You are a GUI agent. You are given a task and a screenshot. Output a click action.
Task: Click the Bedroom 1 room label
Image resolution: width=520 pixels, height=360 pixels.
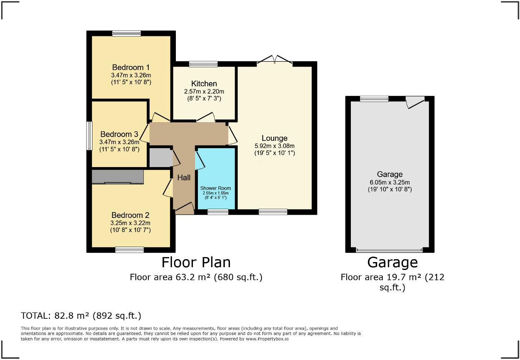pyautogui.click(x=131, y=67)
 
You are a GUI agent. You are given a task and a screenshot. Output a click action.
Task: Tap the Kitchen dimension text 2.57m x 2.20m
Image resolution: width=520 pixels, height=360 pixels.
pyautogui.click(x=204, y=91)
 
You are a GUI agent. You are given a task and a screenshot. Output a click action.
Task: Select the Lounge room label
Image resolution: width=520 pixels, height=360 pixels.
pyautogui.click(x=275, y=138)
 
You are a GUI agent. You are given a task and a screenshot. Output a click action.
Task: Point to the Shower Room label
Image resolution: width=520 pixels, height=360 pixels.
pyautogui.click(x=215, y=188)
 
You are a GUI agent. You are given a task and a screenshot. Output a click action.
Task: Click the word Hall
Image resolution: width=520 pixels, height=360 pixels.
pyautogui.click(x=184, y=177)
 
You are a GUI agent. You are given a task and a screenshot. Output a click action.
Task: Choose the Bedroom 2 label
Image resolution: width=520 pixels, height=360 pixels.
pyautogui.click(x=130, y=215)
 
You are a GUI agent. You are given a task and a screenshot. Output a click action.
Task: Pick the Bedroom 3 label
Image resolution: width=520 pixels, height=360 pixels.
pyautogui.click(x=119, y=134)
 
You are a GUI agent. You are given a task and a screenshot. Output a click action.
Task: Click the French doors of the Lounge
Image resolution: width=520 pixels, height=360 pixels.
pyautogui.click(x=275, y=60)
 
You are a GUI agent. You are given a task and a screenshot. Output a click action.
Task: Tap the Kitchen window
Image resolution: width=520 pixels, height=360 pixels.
pyautogui.click(x=203, y=64)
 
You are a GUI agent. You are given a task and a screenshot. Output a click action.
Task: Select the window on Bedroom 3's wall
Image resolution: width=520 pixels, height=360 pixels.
pyautogui.click(x=89, y=136)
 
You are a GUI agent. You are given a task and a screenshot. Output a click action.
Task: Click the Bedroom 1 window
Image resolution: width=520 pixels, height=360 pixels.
pyautogui.click(x=127, y=33)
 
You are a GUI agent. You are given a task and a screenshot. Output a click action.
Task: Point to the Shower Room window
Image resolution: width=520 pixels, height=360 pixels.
pyautogui.click(x=218, y=212)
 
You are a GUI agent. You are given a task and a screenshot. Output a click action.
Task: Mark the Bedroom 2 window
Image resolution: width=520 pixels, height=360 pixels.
pyautogui.click(x=130, y=250)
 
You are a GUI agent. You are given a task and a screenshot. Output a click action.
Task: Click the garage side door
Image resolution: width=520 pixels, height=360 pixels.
pyautogui.click(x=415, y=102)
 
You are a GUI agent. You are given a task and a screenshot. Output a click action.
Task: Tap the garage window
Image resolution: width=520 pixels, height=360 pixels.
pyautogui.click(x=374, y=99)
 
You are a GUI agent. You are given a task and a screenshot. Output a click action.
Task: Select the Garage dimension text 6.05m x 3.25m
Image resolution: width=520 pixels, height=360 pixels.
pyautogui.click(x=390, y=182)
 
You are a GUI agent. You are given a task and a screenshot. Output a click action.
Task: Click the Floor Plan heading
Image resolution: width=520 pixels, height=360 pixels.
pyautogui.click(x=196, y=262)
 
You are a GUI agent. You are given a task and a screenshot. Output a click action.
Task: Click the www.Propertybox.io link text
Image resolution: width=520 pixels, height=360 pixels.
pyautogui.click(x=267, y=339)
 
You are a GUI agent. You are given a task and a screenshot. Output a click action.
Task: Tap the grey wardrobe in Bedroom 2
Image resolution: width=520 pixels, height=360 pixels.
pyautogui.click(x=117, y=177)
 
